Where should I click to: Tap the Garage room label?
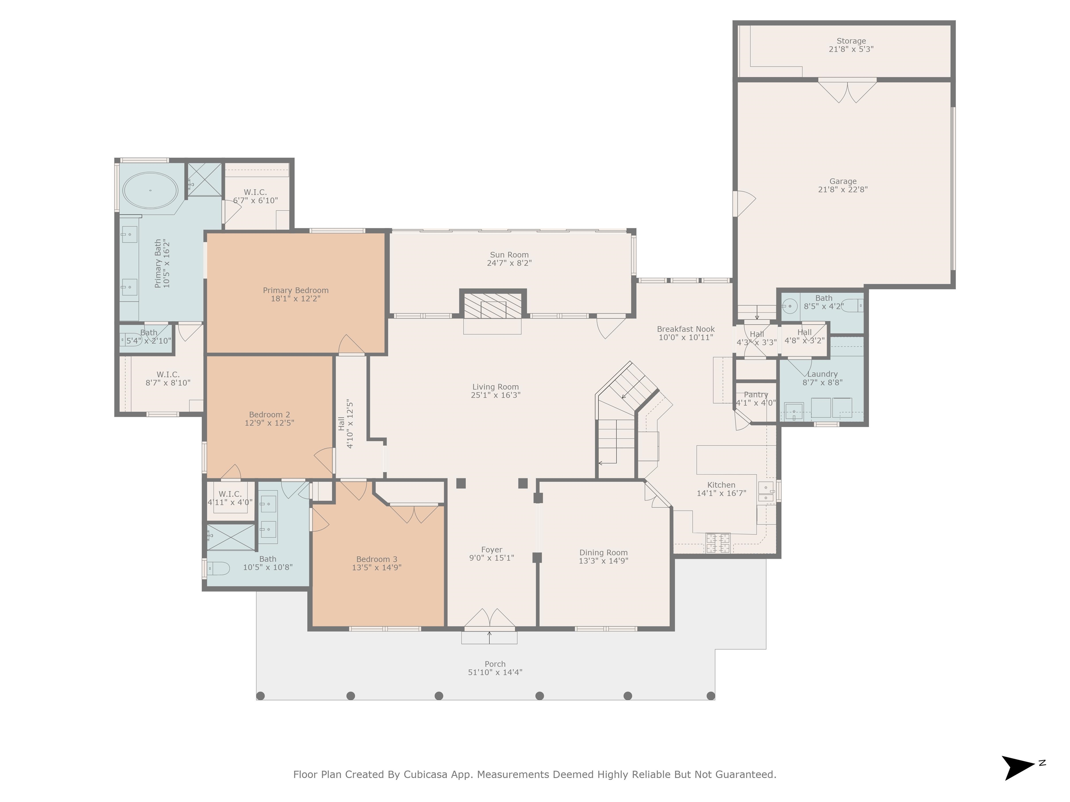coord(843,181)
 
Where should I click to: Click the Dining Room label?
coord(603,552)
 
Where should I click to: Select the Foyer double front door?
coord(489,619)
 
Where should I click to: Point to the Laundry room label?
coord(822,374)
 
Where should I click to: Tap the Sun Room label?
coord(509,255)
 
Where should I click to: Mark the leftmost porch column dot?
coord(260,695)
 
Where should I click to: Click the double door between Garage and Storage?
coord(847,91)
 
